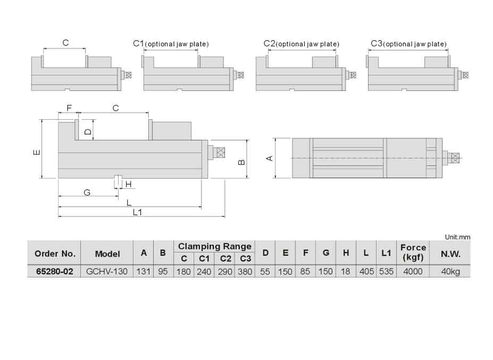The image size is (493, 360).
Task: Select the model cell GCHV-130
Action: point(107,271)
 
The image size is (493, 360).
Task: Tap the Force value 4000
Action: point(413,271)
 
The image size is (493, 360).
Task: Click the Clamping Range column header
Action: point(214,246)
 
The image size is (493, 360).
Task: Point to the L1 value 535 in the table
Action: point(386,271)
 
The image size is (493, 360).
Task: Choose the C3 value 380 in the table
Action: point(245,271)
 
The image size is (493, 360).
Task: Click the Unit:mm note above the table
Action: point(457,237)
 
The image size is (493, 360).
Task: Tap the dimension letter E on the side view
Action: point(36,152)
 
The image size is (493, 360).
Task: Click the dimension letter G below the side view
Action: point(87,192)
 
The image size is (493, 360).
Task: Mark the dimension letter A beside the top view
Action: point(269,158)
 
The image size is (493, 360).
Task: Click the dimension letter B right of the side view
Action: point(241,161)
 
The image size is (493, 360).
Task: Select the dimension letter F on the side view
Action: point(69,108)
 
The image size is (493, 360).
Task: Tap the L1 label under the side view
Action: point(137,212)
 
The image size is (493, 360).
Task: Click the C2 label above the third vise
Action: point(269,43)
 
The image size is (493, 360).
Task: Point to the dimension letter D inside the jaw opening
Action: point(88,130)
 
